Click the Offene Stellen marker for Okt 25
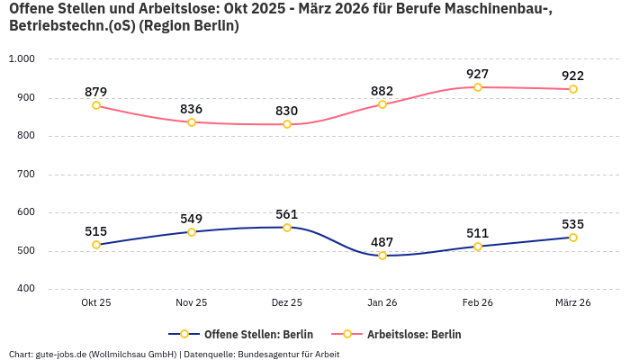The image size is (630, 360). point(96,245)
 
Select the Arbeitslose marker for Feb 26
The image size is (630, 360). point(478,87)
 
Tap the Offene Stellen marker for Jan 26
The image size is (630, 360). point(382,256)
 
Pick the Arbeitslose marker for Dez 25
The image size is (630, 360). point(287,124)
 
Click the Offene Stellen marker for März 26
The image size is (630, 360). point(573,238)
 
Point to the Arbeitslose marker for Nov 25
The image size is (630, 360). point(192,122)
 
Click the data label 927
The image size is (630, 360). point(478,74)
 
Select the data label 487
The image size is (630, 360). point(382,242)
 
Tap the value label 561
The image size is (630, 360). point(287,214)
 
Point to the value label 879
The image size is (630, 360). point(96,92)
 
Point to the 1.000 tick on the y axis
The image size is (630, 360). point(21,59)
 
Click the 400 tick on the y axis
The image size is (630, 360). point(25,289)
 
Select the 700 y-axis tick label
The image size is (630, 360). point(25,175)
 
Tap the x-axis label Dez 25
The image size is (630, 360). point(287,303)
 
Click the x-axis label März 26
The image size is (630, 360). point(573,303)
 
